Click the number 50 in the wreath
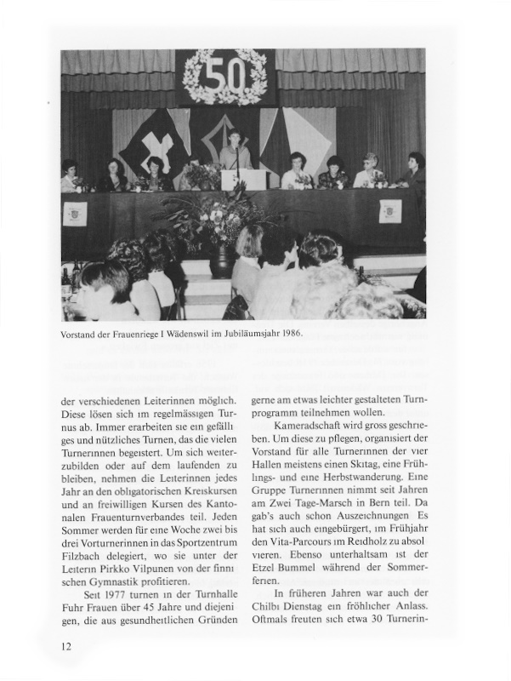coord(225,77)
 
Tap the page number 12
coord(66,646)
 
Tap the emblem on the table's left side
coord(76,212)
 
